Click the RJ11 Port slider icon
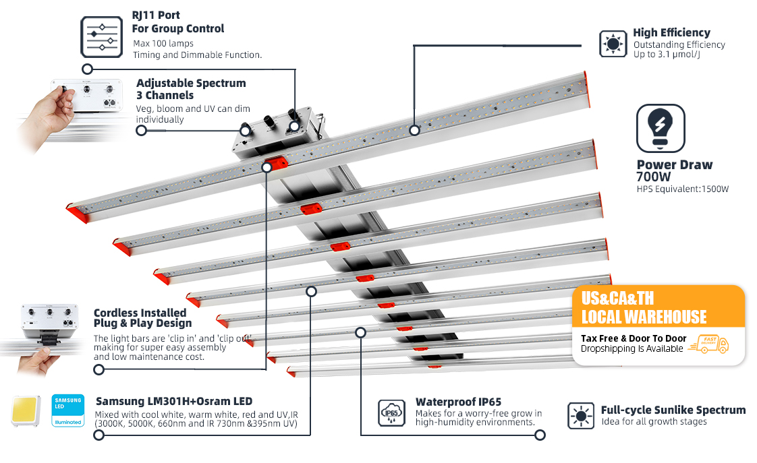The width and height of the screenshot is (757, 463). coord(102,37)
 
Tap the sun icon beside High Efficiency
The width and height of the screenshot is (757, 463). coord(613,43)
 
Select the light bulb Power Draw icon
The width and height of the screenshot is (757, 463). coord(661,128)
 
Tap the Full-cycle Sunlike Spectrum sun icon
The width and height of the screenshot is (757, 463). coord(580,415)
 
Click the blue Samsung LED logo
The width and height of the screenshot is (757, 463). coord(67,410)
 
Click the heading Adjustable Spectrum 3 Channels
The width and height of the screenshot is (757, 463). coord(191,89)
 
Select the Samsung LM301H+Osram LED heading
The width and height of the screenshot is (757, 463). coord(174,401)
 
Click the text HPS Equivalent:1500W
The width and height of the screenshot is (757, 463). coord(682,189)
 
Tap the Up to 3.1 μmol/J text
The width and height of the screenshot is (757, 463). coord(666,55)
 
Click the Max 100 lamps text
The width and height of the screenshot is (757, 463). coord(163,44)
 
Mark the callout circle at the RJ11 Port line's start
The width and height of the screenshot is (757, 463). coord(87,69)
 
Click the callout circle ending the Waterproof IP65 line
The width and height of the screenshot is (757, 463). coord(540,435)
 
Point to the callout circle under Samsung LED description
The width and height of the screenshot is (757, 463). coord(99,435)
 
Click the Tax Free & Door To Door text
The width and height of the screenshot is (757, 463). coord(634,338)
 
